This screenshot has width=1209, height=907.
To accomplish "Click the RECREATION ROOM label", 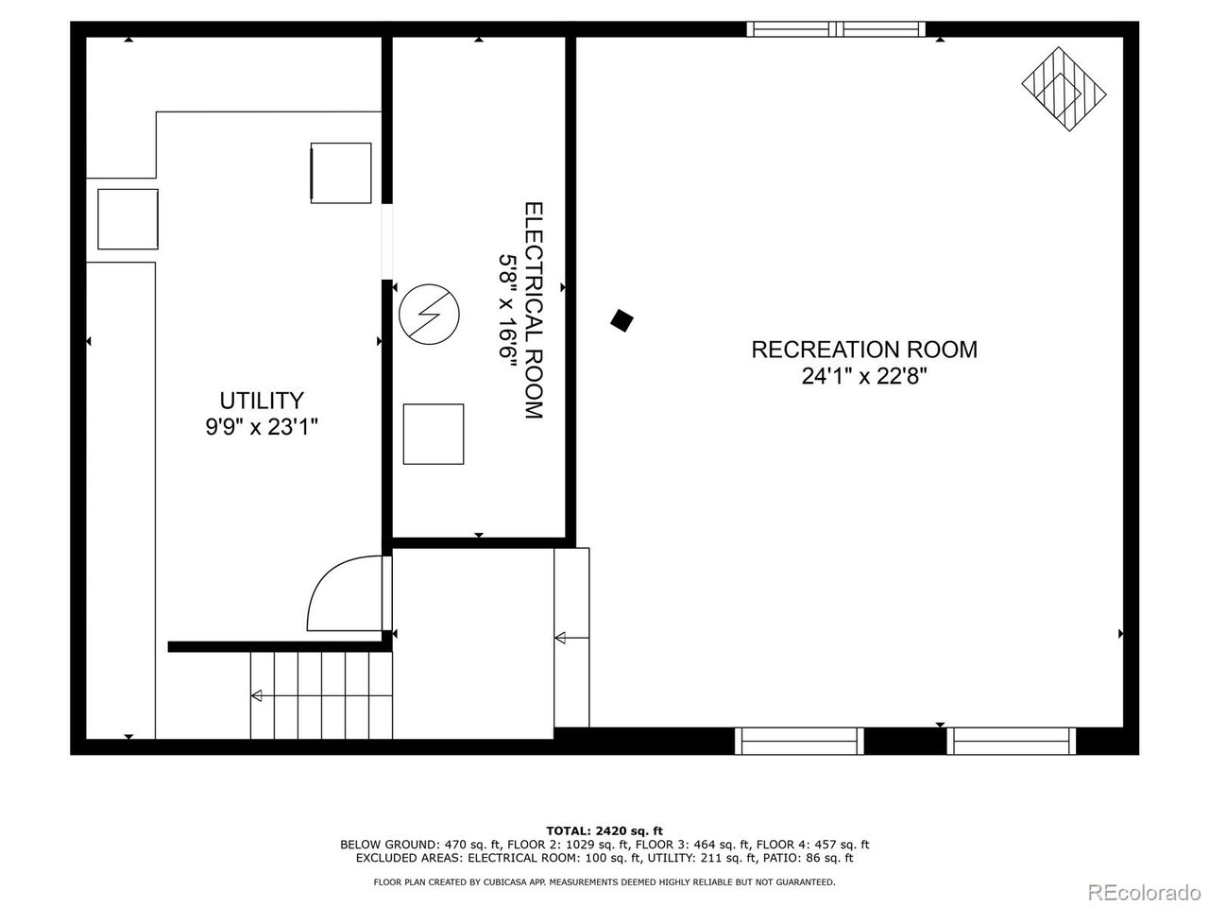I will pos(863,350).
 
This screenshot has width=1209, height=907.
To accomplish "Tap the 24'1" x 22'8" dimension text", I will pos(863,376).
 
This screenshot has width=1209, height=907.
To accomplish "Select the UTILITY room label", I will pos(262,400).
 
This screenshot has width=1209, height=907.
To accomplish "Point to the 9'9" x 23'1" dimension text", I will pos(262,427).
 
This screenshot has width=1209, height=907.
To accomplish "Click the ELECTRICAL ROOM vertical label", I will pos(534,311).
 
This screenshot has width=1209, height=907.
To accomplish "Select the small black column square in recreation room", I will pos(621,320).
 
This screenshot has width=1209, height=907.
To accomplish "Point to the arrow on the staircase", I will pos(257,696).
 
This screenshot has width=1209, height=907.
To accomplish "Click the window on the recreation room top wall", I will pos(836,29).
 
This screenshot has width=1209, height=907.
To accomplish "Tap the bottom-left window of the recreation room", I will pos(799,741).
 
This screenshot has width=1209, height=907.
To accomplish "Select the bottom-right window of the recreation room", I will pos(1012,741).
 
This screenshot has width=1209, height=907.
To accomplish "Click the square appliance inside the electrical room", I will pos(434,434).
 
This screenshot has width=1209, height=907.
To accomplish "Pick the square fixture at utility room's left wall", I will pos(128,219).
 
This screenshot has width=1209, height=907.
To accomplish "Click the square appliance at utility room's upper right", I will pos(341,172).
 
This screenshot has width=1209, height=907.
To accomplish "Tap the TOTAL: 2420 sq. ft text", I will pos(604,830).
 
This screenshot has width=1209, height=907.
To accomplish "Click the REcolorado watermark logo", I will pos(1144,890).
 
